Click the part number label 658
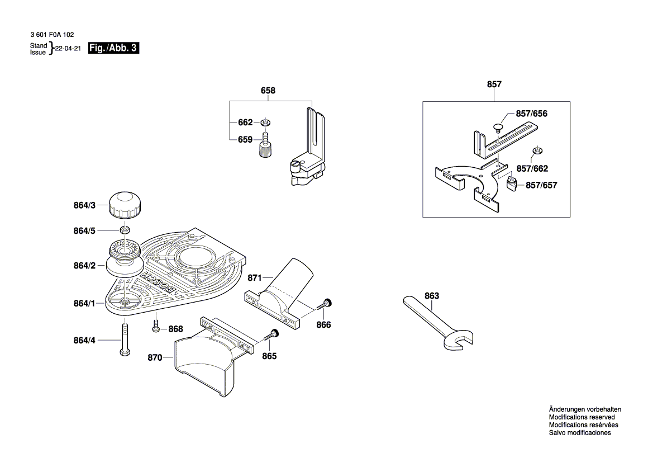point(268,91)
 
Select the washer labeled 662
point(265,122)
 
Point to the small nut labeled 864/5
point(126,229)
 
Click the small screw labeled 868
point(156,326)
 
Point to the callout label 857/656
point(531,114)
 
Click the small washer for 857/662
point(537,150)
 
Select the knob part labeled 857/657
point(512,183)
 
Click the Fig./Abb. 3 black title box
point(113,49)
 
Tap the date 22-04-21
point(68,49)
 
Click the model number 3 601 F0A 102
point(51,35)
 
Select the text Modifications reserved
point(581,417)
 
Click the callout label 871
point(255,277)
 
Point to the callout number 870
point(155,357)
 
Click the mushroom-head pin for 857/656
point(497,128)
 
